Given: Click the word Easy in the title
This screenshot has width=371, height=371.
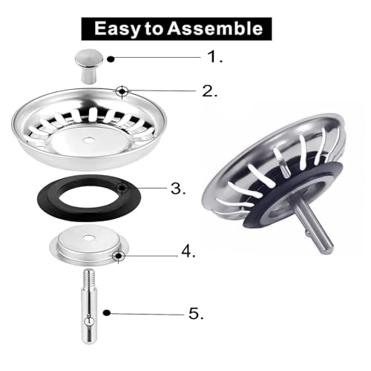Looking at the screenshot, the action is (117, 29).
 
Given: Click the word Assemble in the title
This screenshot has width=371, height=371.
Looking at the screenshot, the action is (214, 28).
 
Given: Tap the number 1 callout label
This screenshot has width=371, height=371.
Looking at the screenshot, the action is (214, 56).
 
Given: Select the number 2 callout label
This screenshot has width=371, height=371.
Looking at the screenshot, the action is (210, 91).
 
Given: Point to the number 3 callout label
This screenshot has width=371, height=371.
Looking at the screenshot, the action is (178, 188).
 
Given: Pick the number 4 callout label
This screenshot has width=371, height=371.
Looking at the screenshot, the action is (188, 252).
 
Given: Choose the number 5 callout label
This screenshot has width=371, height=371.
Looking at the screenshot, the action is (196, 314).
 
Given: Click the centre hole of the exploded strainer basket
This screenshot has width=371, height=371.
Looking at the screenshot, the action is (88, 140).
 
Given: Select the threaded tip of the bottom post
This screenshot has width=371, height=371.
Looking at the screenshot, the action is (89, 278).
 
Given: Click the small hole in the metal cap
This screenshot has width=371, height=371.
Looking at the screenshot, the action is (87, 238).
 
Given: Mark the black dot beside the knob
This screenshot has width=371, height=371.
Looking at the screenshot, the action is (111, 59).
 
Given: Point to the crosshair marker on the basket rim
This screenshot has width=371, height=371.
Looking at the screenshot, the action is (122, 91).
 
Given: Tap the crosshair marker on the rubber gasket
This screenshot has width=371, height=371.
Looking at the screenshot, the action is (122, 188).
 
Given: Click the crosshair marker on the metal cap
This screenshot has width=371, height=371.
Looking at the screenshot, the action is (119, 255).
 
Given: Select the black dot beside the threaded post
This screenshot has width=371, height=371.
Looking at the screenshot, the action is (107, 312).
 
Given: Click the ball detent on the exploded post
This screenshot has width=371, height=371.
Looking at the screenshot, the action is (89, 322).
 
